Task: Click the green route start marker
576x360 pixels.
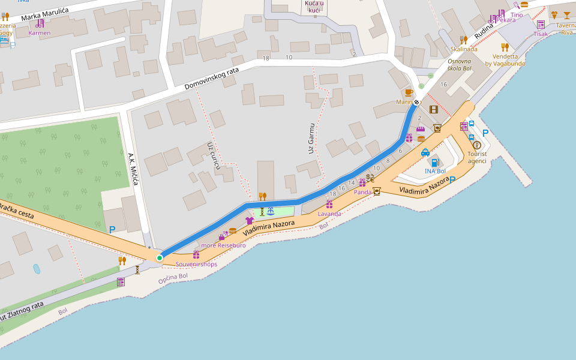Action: click(x=159, y=258)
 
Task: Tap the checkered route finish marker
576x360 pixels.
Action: click(x=416, y=102)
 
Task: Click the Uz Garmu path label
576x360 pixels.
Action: click(x=311, y=138)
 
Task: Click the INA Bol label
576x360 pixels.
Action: click(x=435, y=171)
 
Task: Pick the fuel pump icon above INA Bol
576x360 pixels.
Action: click(x=435, y=162)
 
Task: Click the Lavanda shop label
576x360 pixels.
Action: click(x=329, y=214)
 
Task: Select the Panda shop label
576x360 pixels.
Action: click(x=362, y=192)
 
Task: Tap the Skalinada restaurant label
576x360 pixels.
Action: click(x=464, y=49)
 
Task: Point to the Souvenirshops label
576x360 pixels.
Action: click(x=196, y=264)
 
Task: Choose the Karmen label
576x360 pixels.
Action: click(x=40, y=33)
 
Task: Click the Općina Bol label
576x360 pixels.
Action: click(x=173, y=278)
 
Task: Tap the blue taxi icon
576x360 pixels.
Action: click(x=425, y=152)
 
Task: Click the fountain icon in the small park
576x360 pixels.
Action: click(x=271, y=211)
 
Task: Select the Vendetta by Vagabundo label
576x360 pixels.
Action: click(x=505, y=60)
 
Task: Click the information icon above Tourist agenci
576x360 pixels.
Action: click(x=477, y=145)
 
